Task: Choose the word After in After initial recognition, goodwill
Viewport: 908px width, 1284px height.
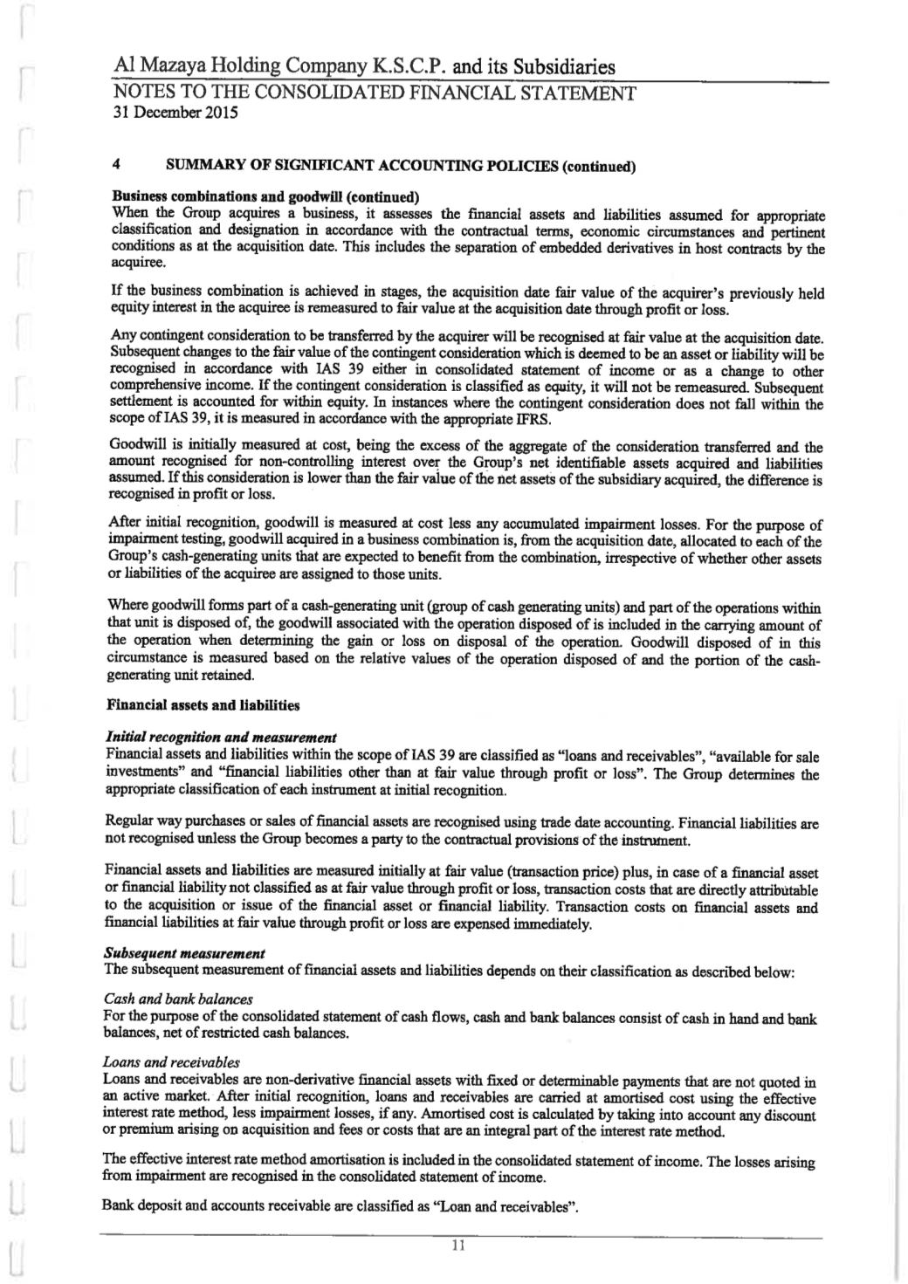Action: [122, 525]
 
